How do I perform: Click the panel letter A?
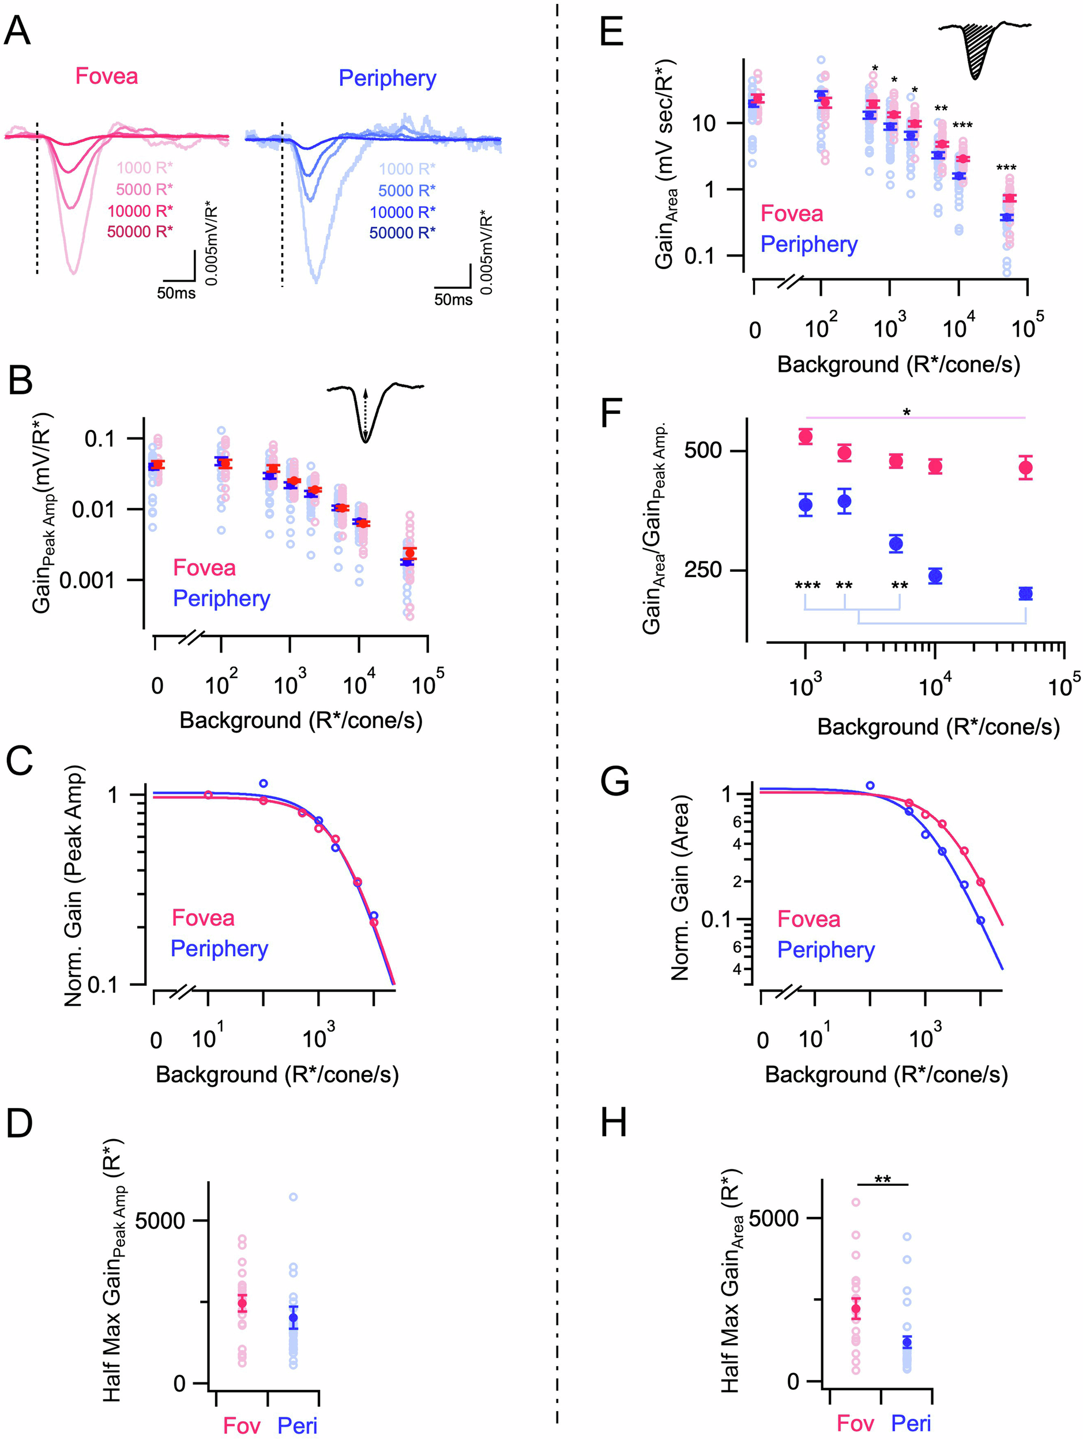coord(17,31)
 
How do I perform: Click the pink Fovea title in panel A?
coord(107,76)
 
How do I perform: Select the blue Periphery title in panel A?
coord(387,78)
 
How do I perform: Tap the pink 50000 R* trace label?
coord(140,231)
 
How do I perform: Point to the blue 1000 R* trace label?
coord(407,169)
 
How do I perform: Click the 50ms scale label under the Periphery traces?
coord(453,299)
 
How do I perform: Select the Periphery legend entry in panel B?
coord(221,598)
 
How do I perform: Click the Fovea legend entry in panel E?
coord(792,213)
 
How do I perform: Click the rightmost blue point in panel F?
coord(1026,594)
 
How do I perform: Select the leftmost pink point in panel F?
coord(806,436)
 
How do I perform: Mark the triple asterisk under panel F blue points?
coord(807,586)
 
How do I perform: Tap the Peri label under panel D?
coord(297,1425)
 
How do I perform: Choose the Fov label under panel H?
coord(855,1423)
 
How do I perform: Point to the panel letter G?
coord(615,781)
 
